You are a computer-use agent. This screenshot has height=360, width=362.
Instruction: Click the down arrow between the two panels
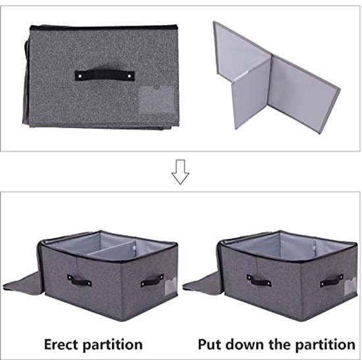tap(180, 172)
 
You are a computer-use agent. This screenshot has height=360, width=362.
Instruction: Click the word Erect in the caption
tap(61, 344)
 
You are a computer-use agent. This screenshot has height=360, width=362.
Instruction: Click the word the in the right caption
tap(280, 344)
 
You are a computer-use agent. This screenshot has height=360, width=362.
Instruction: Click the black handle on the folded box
tap(105, 75)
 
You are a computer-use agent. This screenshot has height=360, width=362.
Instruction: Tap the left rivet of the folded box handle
tap(80, 76)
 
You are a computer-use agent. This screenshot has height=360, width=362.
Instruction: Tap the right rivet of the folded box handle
tap(130, 76)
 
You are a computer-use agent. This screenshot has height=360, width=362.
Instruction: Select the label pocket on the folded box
tap(157, 100)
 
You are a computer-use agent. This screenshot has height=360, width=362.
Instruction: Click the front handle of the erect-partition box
tap(79, 280)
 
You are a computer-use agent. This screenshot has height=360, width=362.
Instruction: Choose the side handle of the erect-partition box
tap(152, 280)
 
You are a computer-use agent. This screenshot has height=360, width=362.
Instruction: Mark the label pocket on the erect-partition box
tap(171, 286)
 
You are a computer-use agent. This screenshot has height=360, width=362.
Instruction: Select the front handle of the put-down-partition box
tap(259, 280)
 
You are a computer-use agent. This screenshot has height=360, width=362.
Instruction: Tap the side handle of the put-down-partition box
tap(332, 280)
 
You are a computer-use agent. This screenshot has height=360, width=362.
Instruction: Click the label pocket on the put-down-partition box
tap(350, 286)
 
